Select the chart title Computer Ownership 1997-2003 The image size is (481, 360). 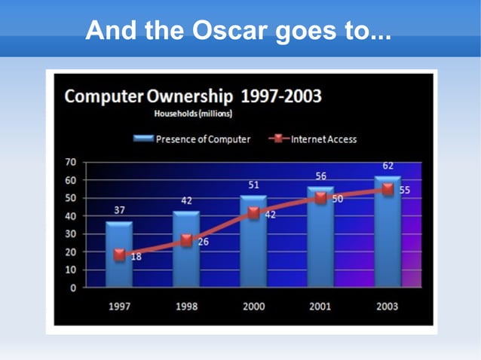(x=193, y=97)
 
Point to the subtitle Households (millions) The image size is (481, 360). (x=193, y=114)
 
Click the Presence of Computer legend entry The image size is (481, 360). (x=193, y=139)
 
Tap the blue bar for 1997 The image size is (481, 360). (x=119, y=260)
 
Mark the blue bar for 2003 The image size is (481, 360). (x=388, y=233)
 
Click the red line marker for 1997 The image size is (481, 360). (x=119, y=255)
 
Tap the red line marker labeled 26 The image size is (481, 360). (x=186, y=240)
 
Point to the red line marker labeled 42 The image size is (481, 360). (x=253, y=213)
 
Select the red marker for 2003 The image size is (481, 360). (x=388, y=190)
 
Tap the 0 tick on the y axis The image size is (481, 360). (x=72, y=288)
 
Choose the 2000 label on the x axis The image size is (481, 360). (x=253, y=307)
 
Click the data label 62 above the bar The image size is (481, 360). (x=388, y=165)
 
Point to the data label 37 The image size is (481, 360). (x=119, y=210)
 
